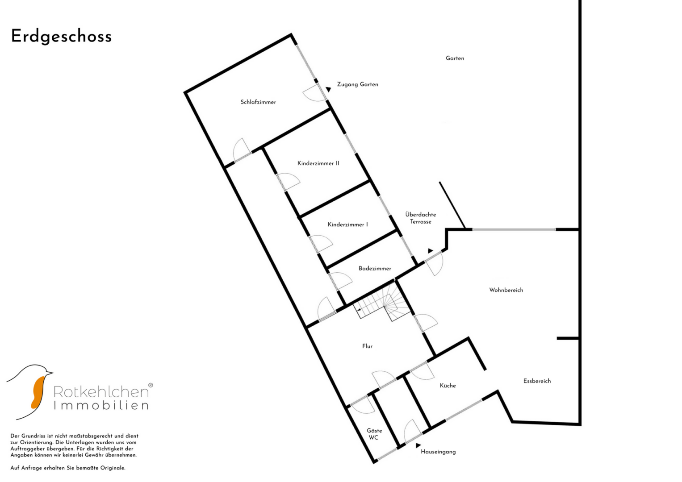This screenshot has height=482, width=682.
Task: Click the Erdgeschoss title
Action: tap(62, 37)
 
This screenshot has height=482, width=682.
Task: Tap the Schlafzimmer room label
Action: tap(258, 102)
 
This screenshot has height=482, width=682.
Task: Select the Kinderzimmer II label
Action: tap(318, 163)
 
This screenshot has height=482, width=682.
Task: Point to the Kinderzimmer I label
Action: tap(347, 224)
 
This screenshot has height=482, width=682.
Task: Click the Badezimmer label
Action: tap(375, 268)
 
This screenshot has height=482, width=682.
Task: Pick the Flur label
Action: tap(367, 346)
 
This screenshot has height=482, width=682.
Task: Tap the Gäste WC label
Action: tap(374, 434)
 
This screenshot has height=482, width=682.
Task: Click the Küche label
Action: tap(448, 386)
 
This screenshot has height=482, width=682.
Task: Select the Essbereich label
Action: tap(537, 381)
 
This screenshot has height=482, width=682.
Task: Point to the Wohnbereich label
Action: tap(506, 290)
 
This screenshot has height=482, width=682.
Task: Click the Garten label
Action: tap(455, 58)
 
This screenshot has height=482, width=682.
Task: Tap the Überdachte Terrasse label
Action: tap(420, 218)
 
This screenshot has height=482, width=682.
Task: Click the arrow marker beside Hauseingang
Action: tap(418, 445)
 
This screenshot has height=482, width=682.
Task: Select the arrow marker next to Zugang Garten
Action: tap(328, 89)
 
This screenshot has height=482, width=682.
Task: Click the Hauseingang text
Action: tap(438, 452)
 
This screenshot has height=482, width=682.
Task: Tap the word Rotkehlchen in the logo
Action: tap(101, 392)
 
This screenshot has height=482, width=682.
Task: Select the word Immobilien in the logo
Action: tap(101, 405)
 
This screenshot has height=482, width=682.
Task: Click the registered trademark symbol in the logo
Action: tap(151, 385)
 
